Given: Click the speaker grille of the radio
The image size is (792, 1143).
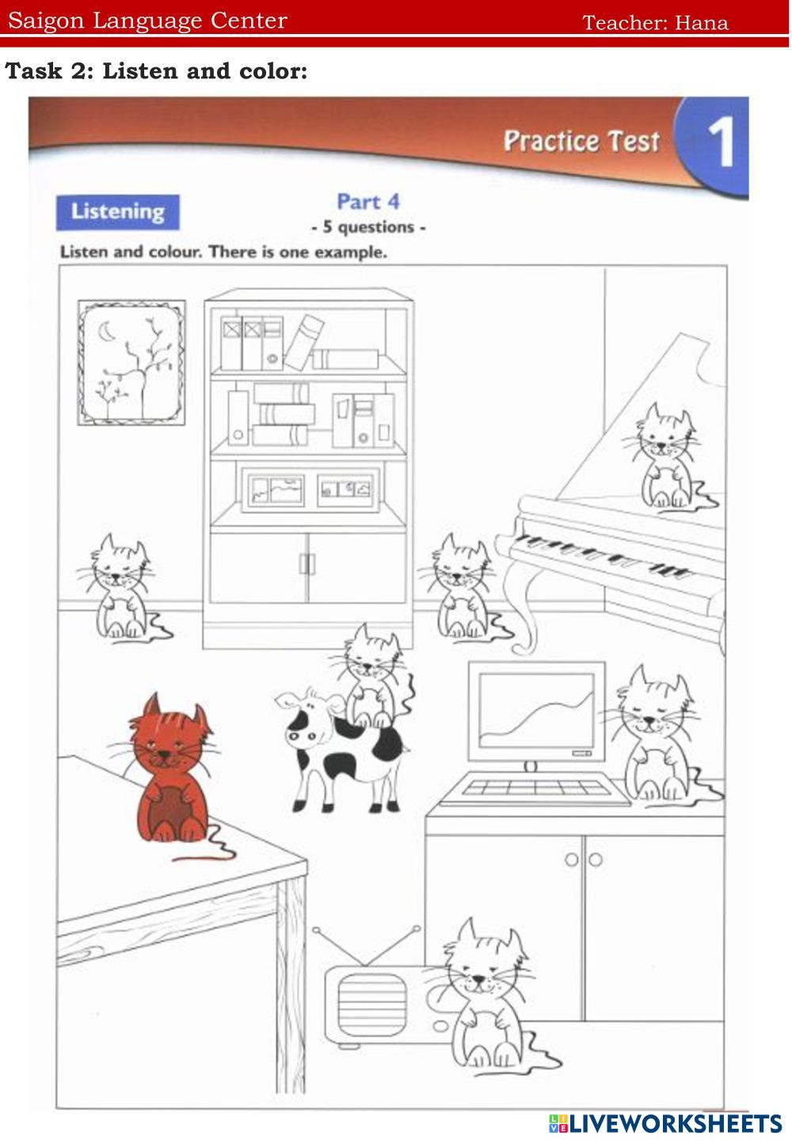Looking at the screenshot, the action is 371,1004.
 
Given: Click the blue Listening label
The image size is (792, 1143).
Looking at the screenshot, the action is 117,212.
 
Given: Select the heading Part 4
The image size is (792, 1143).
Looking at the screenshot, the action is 368,202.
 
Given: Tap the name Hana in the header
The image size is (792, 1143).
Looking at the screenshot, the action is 701,23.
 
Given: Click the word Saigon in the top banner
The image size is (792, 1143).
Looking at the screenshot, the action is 46,21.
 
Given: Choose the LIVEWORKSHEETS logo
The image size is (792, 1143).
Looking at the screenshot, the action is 664,1123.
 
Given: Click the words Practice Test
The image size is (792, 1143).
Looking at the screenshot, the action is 581,141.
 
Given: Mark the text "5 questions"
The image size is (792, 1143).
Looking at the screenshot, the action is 368,227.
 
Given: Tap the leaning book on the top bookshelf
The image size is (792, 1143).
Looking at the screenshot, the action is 304,342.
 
